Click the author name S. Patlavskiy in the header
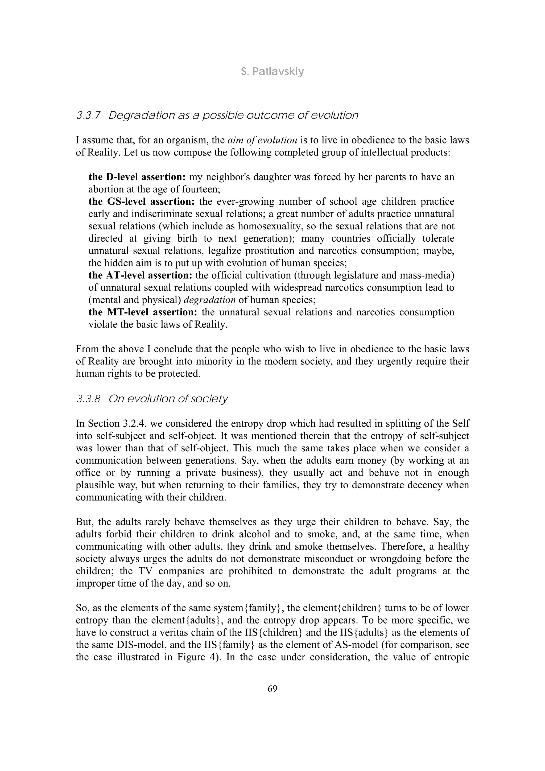pyautogui.click(x=272, y=72)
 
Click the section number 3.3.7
pyautogui.click(x=88, y=116)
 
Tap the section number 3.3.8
pyautogui.click(x=88, y=399)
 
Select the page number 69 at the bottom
pyautogui.click(x=272, y=689)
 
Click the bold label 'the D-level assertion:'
pyautogui.click(x=138, y=177)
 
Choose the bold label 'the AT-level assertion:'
pyautogui.click(x=140, y=275)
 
